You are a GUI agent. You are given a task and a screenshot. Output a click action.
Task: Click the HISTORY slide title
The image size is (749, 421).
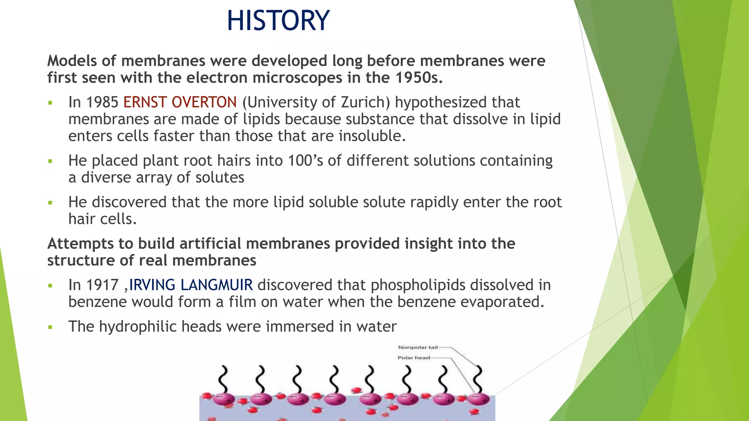(x=278, y=20)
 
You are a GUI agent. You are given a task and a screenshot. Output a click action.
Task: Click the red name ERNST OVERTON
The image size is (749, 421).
(x=180, y=102)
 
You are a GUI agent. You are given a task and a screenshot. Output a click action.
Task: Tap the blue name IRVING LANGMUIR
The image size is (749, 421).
(x=191, y=285)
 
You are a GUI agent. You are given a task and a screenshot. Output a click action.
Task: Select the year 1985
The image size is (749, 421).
(x=102, y=102)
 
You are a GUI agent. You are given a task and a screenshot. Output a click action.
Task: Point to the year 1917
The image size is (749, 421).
(x=102, y=285)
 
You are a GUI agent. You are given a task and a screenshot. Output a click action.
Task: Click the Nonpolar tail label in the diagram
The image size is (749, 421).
(x=418, y=348)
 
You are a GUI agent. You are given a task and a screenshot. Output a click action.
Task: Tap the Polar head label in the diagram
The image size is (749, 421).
(x=414, y=358)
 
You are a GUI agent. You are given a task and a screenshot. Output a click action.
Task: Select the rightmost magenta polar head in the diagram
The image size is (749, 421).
(x=478, y=399)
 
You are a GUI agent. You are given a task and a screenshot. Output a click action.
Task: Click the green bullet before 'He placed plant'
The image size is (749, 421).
(x=50, y=161)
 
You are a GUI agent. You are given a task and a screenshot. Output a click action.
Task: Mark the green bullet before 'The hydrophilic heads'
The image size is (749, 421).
(x=50, y=327)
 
